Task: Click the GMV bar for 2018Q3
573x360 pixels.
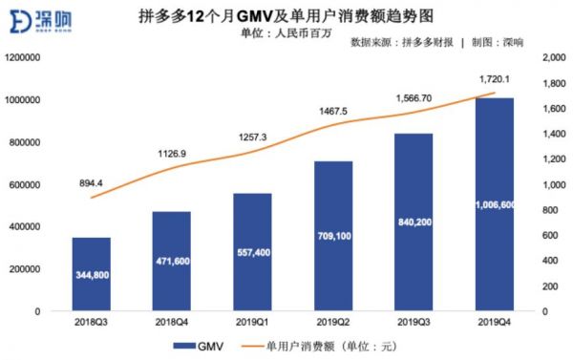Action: tap(91, 274)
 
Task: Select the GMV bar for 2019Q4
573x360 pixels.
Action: tap(493, 204)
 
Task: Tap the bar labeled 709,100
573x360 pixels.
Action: tap(332, 236)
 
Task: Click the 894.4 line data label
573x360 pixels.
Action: tap(92, 181)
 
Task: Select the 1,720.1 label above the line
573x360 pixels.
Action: tap(493, 79)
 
